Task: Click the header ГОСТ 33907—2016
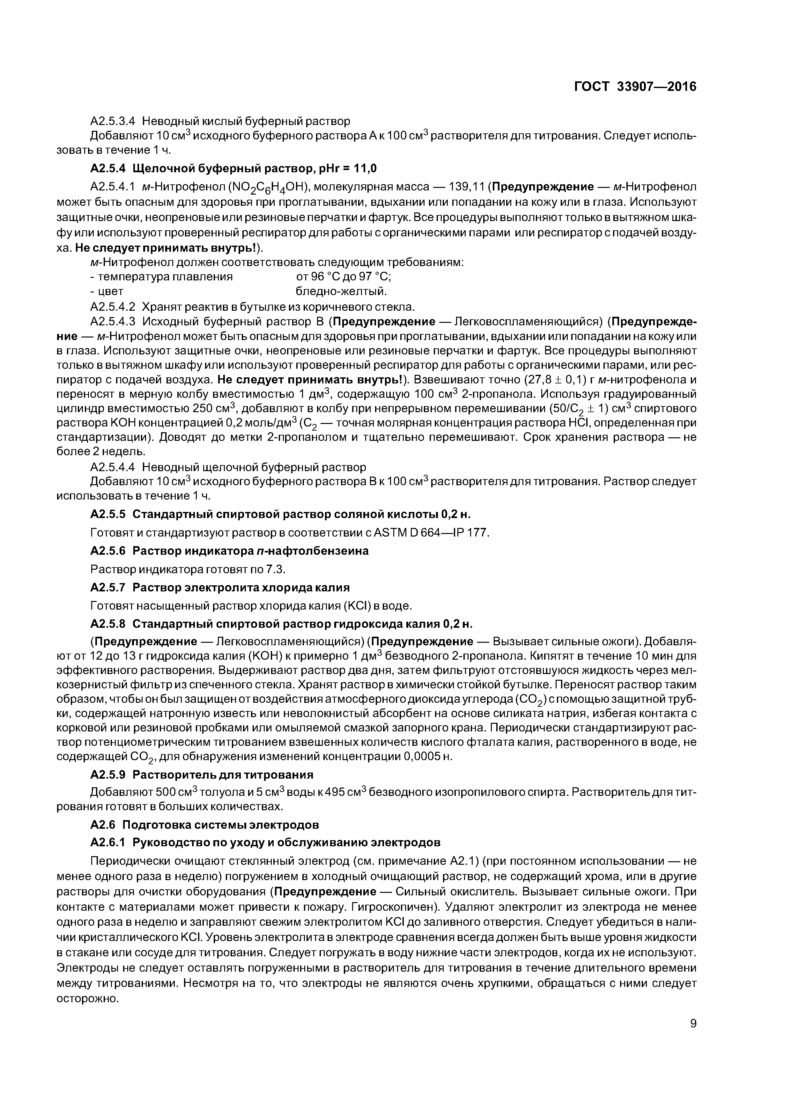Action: (635, 87)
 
